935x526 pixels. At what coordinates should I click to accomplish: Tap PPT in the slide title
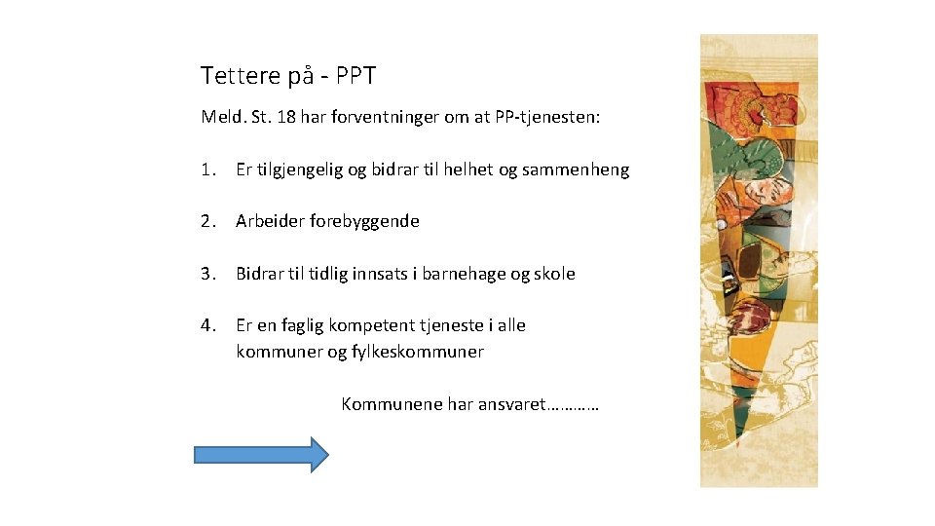356,75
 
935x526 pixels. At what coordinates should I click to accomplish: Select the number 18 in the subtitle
286,117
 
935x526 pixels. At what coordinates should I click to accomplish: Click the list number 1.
206,169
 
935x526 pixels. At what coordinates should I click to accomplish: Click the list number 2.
206,221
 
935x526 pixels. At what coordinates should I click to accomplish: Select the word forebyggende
364,221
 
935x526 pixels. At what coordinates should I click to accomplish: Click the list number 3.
206,274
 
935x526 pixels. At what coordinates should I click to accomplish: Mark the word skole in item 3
554,274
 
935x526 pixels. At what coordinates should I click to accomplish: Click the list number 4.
206,325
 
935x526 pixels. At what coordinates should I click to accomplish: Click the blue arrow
262,454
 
